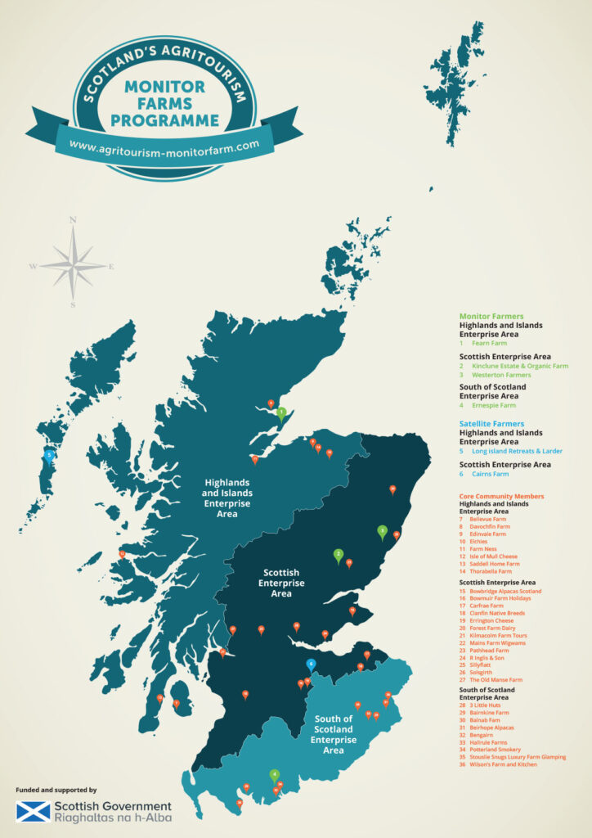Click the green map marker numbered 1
point(281,412)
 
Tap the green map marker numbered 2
point(338,555)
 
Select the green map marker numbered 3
point(382,530)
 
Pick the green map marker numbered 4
point(275,774)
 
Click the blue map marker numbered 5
point(50,455)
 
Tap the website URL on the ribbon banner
point(169,145)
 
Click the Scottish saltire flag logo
point(33,812)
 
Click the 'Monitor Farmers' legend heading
point(491,316)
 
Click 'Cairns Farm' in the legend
point(490,474)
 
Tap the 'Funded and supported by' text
point(56,790)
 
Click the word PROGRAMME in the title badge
point(164,120)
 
